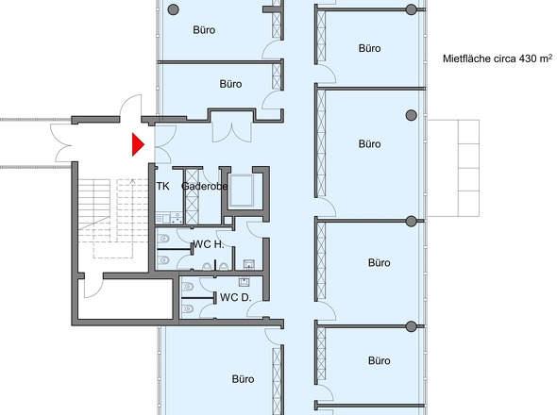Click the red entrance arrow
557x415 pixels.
click(137, 144)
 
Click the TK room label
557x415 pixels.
click(162, 187)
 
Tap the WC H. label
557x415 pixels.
click(208, 244)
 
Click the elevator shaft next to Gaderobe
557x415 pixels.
click(245, 191)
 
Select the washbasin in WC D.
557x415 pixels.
click(246, 280)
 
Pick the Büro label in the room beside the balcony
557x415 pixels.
click(369, 144)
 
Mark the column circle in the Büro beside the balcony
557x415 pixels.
click(410, 115)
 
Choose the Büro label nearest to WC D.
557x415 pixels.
click(243, 379)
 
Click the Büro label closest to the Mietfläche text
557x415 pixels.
click(369, 48)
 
